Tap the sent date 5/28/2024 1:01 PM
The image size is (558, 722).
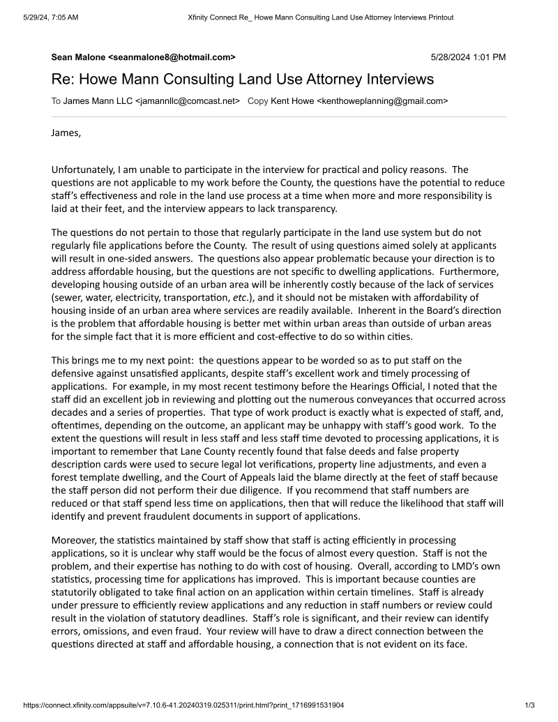(x=468, y=57)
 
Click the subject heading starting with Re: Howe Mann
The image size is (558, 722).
(x=242, y=79)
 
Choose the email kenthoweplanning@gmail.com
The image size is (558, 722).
(x=382, y=100)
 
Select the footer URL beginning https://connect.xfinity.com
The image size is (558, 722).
(x=183, y=705)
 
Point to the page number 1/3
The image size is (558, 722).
(x=529, y=705)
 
